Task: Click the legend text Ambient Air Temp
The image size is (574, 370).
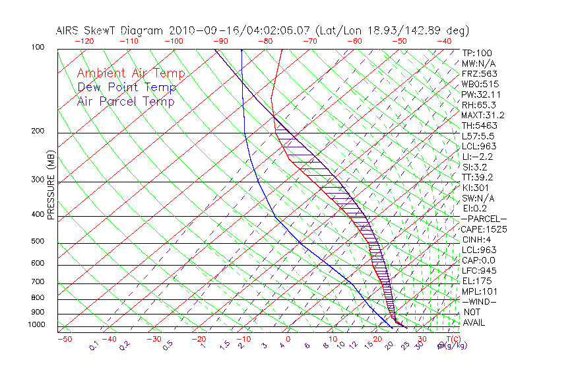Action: [131, 73]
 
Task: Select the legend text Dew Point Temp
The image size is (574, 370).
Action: [126, 87]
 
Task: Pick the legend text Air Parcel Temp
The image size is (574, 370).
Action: [125, 101]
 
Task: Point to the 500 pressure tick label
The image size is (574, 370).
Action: [38, 242]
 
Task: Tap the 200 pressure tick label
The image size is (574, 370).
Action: [38, 131]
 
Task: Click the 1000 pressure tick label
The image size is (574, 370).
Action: [36, 325]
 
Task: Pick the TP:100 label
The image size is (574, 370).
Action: [476, 53]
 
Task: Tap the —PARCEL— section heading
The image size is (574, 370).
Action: [484, 219]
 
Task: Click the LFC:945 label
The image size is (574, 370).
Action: [479, 271]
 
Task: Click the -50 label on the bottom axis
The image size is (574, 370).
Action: [64, 339]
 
